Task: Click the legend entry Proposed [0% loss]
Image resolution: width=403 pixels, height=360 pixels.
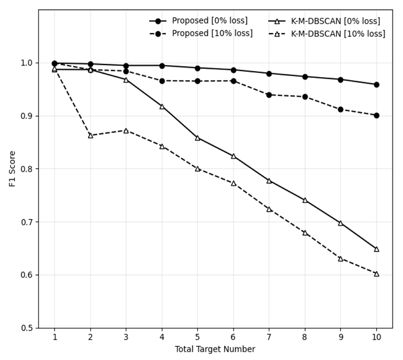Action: tap(198, 21)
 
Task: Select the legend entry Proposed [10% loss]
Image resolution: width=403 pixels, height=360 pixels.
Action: tap(201, 34)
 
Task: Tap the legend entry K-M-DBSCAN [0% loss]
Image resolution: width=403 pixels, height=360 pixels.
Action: tap(324, 21)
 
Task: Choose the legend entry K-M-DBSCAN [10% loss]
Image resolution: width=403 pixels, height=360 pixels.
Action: tap(326, 34)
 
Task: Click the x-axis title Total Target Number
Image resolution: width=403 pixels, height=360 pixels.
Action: tap(215, 349)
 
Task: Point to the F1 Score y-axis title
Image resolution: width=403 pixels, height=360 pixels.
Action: tap(12, 169)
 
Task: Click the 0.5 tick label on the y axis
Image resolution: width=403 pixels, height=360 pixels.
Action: tap(27, 328)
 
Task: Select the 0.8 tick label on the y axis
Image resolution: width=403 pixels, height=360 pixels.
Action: tap(27, 169)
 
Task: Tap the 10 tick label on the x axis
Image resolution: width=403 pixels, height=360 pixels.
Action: tap(376, 337)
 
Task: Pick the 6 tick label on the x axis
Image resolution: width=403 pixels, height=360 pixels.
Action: tap(233, 337)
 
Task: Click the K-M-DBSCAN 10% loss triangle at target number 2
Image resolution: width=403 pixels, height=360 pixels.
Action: tap(91, 135)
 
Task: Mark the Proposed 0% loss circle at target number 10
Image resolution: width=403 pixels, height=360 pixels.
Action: tap(376, 85)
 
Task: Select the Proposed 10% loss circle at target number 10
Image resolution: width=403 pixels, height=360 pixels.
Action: tap(376, 115)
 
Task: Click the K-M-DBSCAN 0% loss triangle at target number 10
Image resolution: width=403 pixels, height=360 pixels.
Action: tap(376, 249)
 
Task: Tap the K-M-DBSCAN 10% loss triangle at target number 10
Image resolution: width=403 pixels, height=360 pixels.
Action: tap(376, 274)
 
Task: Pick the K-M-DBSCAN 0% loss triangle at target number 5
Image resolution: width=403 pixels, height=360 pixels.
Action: tap(197, 138)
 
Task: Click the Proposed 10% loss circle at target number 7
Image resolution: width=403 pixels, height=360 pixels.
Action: tap(269, 95)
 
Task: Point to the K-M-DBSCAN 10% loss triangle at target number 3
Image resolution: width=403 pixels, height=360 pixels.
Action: tap(126, 131)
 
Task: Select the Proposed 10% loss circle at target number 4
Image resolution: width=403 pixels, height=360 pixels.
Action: tap(162, 81)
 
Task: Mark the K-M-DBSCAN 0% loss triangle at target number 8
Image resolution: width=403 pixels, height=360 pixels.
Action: tap(305, 200)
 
